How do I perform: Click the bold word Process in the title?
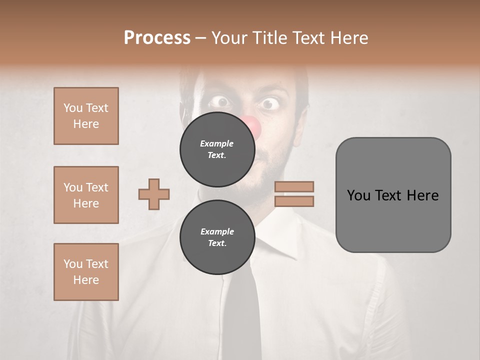(x=157, y=37)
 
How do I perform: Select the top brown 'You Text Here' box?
(x=86, y=116)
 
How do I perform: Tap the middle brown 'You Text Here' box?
(x=86, y=195)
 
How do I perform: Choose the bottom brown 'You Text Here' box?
(x=86, y=271)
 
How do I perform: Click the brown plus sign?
(x=154, y=194)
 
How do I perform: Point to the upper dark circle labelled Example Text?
(x=217, y=149)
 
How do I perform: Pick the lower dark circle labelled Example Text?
(x=217, y=237)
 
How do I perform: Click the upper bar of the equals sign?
(x=294, y=186)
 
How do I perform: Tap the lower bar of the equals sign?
(x=294, y=201)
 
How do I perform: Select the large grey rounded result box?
(x=393, y=194)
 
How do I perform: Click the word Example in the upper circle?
(x=217, y=143)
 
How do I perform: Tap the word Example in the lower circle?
(x=217, y=231)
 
